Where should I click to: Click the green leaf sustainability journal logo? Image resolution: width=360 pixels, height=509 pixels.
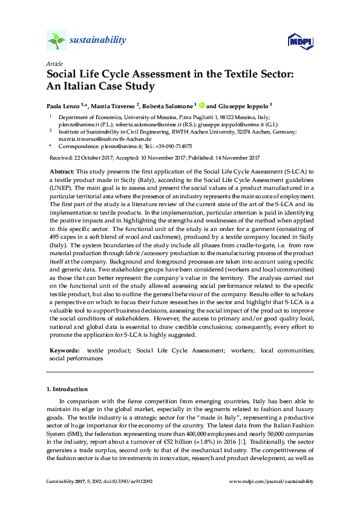56,41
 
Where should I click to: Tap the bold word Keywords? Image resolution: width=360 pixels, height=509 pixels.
64,350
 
